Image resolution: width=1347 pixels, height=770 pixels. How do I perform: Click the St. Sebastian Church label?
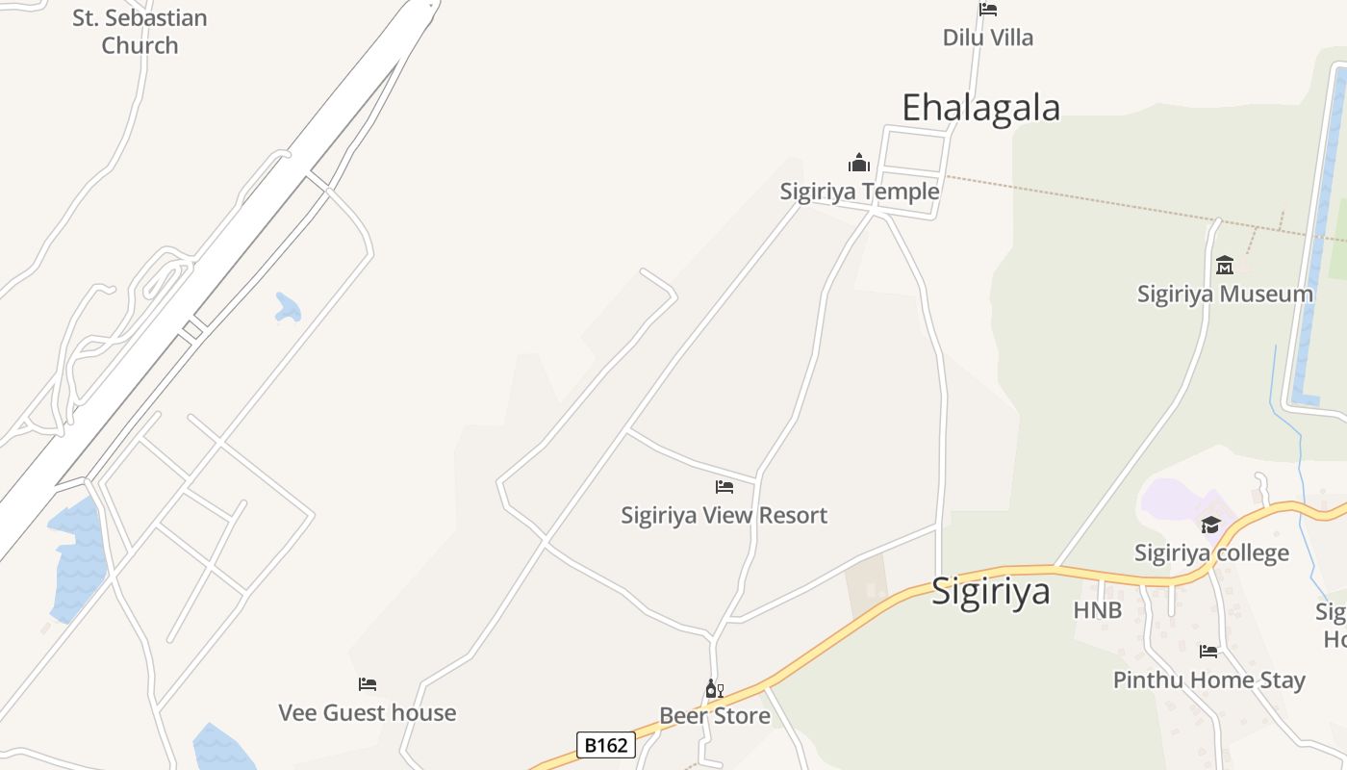140,32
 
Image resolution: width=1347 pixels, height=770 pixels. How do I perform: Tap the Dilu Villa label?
987,38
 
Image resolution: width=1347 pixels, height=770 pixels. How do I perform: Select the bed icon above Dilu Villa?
988,10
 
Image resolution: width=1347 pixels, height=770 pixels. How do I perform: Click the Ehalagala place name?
980,107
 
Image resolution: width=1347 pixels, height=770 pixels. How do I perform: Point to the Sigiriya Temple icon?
859,163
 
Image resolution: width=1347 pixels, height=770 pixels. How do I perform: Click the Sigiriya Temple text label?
859,192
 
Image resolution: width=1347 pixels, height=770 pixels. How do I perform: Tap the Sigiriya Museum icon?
1225,265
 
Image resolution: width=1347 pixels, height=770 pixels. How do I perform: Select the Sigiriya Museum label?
1225,294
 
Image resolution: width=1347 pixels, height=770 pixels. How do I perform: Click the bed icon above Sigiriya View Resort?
724,487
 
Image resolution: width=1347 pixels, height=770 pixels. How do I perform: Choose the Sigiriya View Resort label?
724,515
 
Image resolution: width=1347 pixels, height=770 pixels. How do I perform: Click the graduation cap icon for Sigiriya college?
1210,525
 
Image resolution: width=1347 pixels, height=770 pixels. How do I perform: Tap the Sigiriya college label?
1211,552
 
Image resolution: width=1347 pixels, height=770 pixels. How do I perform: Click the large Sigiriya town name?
990,590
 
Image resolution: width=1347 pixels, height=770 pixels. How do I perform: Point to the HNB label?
1097,610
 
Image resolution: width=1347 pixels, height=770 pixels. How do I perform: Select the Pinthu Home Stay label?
1208,680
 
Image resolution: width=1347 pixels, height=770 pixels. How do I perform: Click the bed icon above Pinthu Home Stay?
1208,652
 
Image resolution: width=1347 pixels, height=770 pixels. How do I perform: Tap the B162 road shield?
606,744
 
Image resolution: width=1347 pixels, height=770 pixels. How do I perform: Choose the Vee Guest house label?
367,712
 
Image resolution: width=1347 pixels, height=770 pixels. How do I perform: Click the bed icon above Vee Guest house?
368,684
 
